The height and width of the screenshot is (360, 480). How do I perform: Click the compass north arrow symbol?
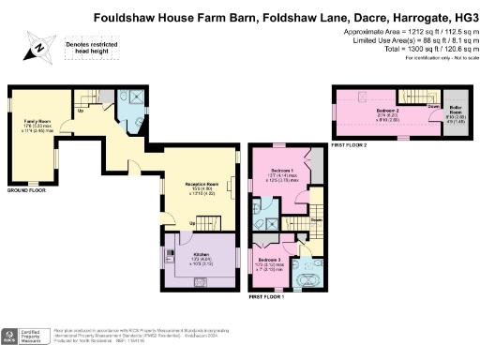(37, 47)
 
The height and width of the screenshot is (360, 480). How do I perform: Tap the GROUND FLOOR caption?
(27, 190)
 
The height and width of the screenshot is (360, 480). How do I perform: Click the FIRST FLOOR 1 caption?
(267, 297)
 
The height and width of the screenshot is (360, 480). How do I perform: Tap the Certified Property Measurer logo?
(25, 337)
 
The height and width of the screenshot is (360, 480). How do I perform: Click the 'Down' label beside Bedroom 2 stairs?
(432, 106)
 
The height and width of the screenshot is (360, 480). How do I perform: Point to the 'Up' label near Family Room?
(80, 110)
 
